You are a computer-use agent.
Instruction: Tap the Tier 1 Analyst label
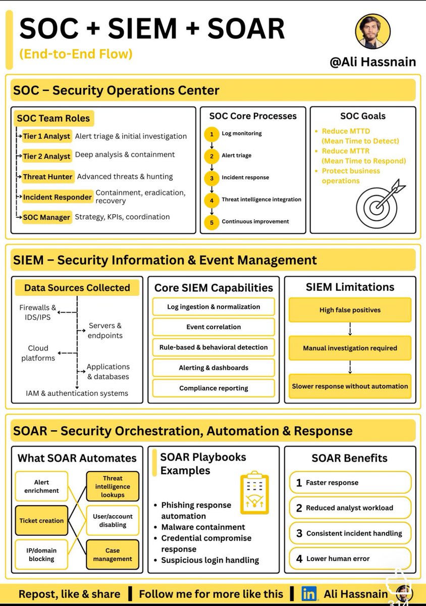tap(46, 136)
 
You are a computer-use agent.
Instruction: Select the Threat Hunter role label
tap(48, 177)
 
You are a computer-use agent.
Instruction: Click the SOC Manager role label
tap(46, 217)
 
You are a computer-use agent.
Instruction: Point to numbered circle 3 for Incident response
tap(212, 178)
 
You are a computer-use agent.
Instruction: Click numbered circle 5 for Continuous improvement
tap(212, 222)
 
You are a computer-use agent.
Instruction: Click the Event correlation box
tap(214, 327)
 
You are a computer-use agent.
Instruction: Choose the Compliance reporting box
tap(214, 388)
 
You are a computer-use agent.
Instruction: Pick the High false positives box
tap(350, 310)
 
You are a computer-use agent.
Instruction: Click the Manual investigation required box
tap(350, 348)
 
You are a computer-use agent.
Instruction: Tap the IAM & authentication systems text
tap(77, 393)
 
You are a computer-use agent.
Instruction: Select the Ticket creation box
tap(41, 521)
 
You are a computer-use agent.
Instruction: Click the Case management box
tap(113, 554)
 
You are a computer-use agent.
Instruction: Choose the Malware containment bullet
tap(203, 527)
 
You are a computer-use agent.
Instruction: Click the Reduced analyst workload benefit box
tap(350, 508)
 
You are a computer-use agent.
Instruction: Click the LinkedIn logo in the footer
tap(309, 593)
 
